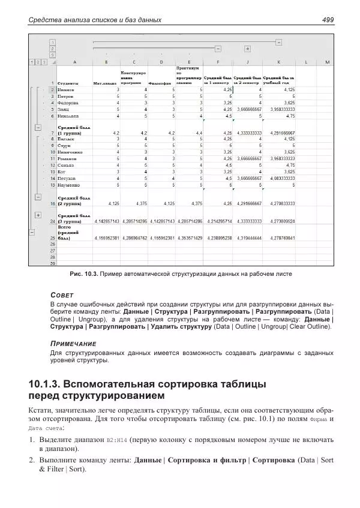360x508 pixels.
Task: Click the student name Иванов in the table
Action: coord(65,89)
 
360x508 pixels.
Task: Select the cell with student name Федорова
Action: coord(67,103)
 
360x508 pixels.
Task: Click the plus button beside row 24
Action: coord(38,215)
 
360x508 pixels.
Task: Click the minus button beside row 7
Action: coord(38,127)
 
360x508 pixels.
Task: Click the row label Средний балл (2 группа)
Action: coord(73,201)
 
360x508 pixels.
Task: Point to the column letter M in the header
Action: coord(327,62)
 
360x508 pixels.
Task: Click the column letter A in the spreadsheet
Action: coord(74,62)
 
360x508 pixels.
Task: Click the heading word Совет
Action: coord(62,295)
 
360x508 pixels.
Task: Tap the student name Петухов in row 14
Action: coord(67,178)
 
